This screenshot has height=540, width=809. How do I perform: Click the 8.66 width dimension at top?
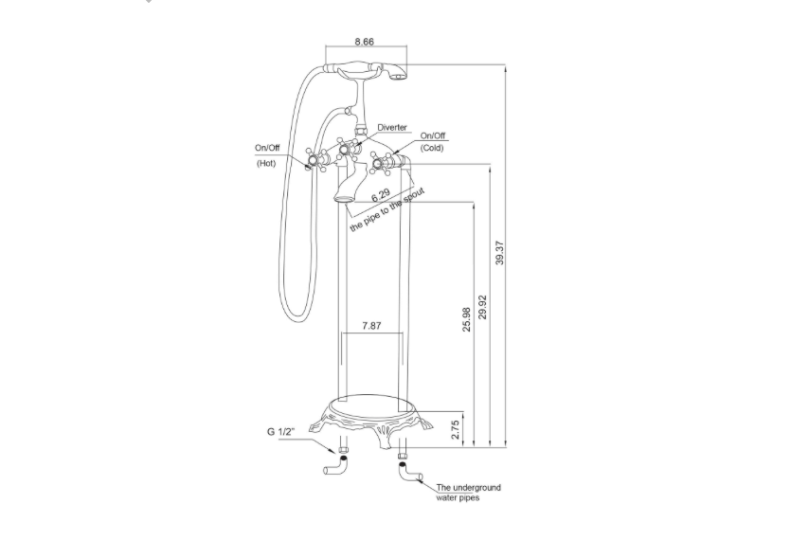[x=364, y=42]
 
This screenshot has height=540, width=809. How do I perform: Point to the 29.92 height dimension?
[x=483, y=305]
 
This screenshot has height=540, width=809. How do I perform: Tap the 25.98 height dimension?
[x=466, y=320]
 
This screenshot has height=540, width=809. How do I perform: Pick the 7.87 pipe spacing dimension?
[x=372, y=325]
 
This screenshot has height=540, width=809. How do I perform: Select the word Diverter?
[x=392, y=127]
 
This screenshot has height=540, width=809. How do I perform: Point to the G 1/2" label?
[x=280, y=432]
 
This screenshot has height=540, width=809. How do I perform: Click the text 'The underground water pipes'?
[x=468, y=493]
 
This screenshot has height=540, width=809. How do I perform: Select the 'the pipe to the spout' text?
[x=387, y=210]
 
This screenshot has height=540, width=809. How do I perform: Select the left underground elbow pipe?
[x=337, y=466]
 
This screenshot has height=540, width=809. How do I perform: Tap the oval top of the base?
[x=373, y=402]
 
